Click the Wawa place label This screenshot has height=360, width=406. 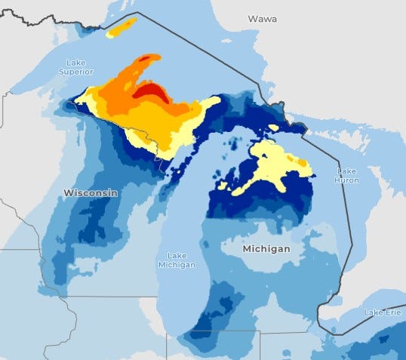click(263, 17)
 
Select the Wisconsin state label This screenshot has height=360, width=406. click(90, 193)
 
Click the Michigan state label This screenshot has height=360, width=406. click(266, 248)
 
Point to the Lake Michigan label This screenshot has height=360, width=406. click(177, 260)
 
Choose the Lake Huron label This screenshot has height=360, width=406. click(346, 176)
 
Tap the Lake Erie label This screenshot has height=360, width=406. click(383, 312)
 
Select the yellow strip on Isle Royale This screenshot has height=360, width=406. click(121, 28)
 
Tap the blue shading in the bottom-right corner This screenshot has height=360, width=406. click(377, 343)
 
